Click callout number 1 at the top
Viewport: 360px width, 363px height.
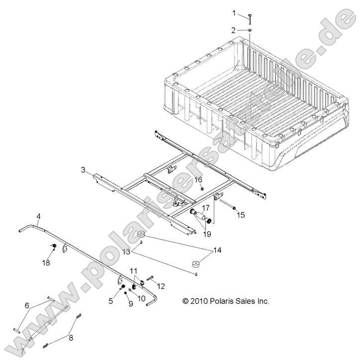click(234, 12)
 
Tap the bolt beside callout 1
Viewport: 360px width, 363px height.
click(249, 19)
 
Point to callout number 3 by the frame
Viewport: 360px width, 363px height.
click(83, 170)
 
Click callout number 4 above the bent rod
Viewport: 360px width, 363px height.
click(38, 216)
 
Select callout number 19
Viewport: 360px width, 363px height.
click(205, 220)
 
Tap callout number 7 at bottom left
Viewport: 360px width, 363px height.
click(22, 351)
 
